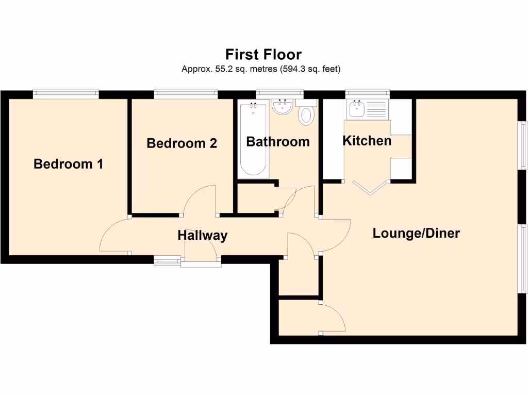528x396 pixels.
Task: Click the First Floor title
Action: click(x=263, y=54)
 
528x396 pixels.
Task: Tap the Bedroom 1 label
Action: click(x=69, y=164)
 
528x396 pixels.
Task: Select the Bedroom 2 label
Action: click(x=182, y=143)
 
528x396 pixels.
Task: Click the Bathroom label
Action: click(x=278, y=142)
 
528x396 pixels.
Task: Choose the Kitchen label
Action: click(x=367, y=141)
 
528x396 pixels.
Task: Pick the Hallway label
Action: click(x=203, y=235)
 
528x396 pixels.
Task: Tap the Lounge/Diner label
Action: click(x=416, y=233)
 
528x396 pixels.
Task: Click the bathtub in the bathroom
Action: click(x=254, y=139)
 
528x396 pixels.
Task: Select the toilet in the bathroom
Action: click(x=306, y=112)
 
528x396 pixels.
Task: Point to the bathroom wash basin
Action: click(x=282, y=106)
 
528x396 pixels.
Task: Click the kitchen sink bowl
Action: click(x=357, y=108)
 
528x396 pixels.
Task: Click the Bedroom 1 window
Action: click(x=66, y=94)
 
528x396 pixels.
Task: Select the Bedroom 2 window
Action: click(x=186, y=94)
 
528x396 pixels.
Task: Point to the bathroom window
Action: click(x=279, y=94)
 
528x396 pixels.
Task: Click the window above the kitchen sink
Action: click(x=367, y=94)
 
